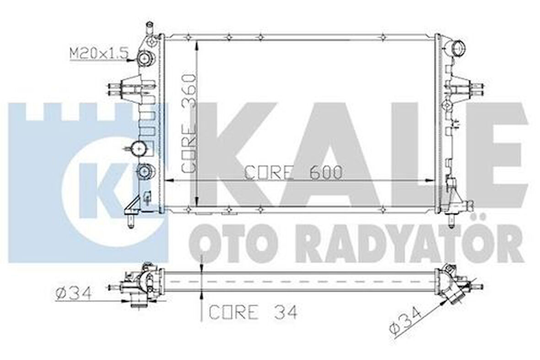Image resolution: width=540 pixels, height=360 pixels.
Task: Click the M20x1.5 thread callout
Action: pos(97,54)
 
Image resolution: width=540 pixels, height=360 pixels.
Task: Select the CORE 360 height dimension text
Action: pos(189,123)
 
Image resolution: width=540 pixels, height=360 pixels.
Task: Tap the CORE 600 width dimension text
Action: pos(293,172)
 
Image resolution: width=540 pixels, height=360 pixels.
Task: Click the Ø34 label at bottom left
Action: pos(73,293)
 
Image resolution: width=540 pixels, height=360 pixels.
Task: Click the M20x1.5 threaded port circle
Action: pos(145,59)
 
